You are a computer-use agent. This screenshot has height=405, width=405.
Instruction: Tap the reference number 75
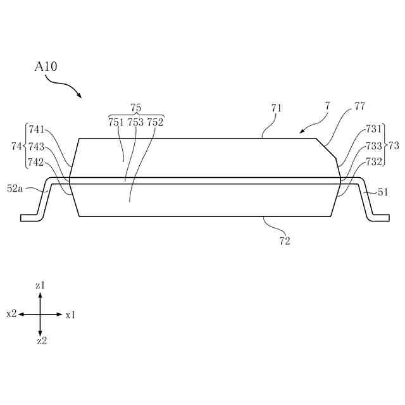pos(135,108)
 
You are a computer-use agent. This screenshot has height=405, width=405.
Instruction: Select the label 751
pos(116,123)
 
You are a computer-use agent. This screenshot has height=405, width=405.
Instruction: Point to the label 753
pos(135,123)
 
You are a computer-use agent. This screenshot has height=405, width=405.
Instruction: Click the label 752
pos(155,123)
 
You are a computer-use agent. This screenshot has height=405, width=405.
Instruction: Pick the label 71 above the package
pos(277,108)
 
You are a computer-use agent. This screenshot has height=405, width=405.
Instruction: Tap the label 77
pos(359,106)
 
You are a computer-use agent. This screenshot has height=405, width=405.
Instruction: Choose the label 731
pos(374,129)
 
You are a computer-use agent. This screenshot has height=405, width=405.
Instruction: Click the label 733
pos(374,146)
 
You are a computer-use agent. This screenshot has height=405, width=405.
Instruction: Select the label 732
pos(374,161)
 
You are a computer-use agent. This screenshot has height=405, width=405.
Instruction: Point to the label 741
pos(36,129)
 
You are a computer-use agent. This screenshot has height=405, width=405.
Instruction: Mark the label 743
pos(36,146)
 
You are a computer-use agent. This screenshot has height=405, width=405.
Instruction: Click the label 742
pos(36,162)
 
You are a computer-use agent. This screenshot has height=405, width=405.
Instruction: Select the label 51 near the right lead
pos(383,192)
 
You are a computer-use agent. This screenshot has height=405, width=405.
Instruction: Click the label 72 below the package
pos(285,240)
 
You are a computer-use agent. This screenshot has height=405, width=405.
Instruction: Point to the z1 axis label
pos(40,286)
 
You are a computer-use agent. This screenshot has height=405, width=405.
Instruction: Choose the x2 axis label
pos(11,314)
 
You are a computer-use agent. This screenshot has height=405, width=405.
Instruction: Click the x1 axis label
pos(70,315)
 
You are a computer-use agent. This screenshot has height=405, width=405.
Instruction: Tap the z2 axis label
pos(41,341)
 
